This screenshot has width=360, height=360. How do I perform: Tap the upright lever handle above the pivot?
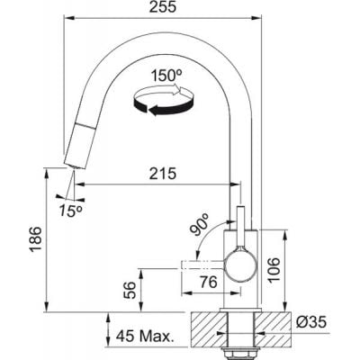tap(241, 225)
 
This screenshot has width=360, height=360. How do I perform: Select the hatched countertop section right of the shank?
tap(274, 321)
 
